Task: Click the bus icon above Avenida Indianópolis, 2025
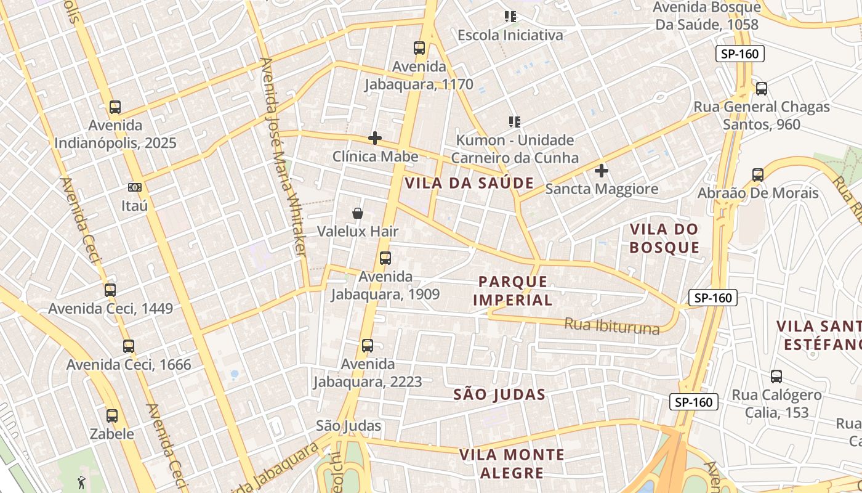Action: point(115,107)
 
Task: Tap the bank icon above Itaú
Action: point(135,187)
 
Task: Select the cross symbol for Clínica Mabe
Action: point(374,138)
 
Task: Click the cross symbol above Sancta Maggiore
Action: point(602,171)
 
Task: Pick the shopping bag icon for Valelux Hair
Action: point(357,213)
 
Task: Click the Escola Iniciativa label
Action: point(510,35)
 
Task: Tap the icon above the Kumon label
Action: point(514,122)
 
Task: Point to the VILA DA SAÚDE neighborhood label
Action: point(469,183)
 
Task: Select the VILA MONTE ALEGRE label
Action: point(512,464)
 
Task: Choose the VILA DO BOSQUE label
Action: point(664,238)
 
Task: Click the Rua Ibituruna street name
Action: point(611,325)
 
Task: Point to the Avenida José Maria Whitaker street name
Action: point(283,157)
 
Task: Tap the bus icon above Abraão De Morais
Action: point(758,175)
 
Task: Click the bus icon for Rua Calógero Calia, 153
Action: point(776,377)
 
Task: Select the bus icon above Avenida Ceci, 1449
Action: point(110,290)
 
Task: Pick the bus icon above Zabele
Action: point(111,416)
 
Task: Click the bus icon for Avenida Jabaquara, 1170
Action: point(419,48)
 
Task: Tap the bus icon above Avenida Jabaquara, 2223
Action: point(368,346)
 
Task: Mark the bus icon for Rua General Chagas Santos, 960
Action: point(762,89)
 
